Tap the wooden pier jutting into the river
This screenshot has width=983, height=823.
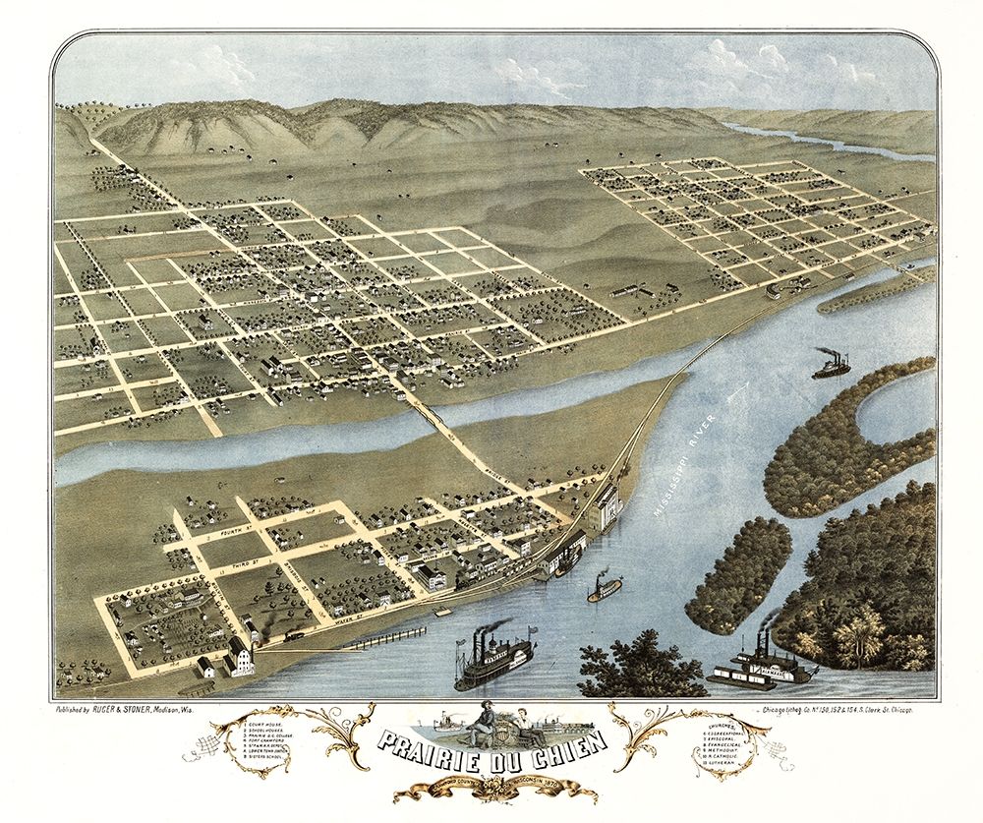(x=388, y=636)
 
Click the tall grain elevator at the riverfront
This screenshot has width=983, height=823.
(x=607, y=506)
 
